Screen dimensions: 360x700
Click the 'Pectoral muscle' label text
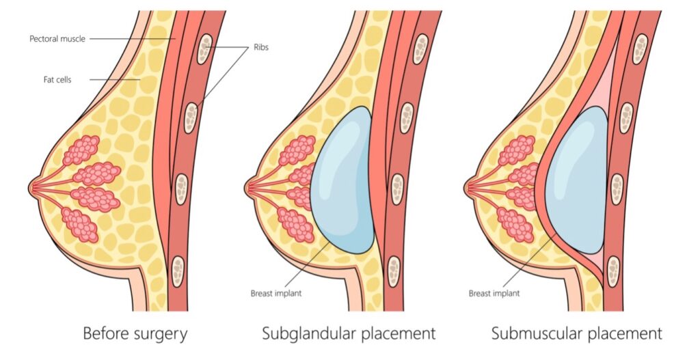coord(57,39)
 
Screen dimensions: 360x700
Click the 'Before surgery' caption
coord(135,334)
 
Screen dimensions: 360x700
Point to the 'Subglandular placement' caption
coord(349,334)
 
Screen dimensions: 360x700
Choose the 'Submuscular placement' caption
coord(576,334)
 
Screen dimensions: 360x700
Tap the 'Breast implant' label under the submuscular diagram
coord(494,293)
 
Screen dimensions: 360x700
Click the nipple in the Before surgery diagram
coord(35,184)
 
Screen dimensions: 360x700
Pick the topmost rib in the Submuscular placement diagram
coord(639,48)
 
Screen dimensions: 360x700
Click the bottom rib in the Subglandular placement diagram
coord(393,269)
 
